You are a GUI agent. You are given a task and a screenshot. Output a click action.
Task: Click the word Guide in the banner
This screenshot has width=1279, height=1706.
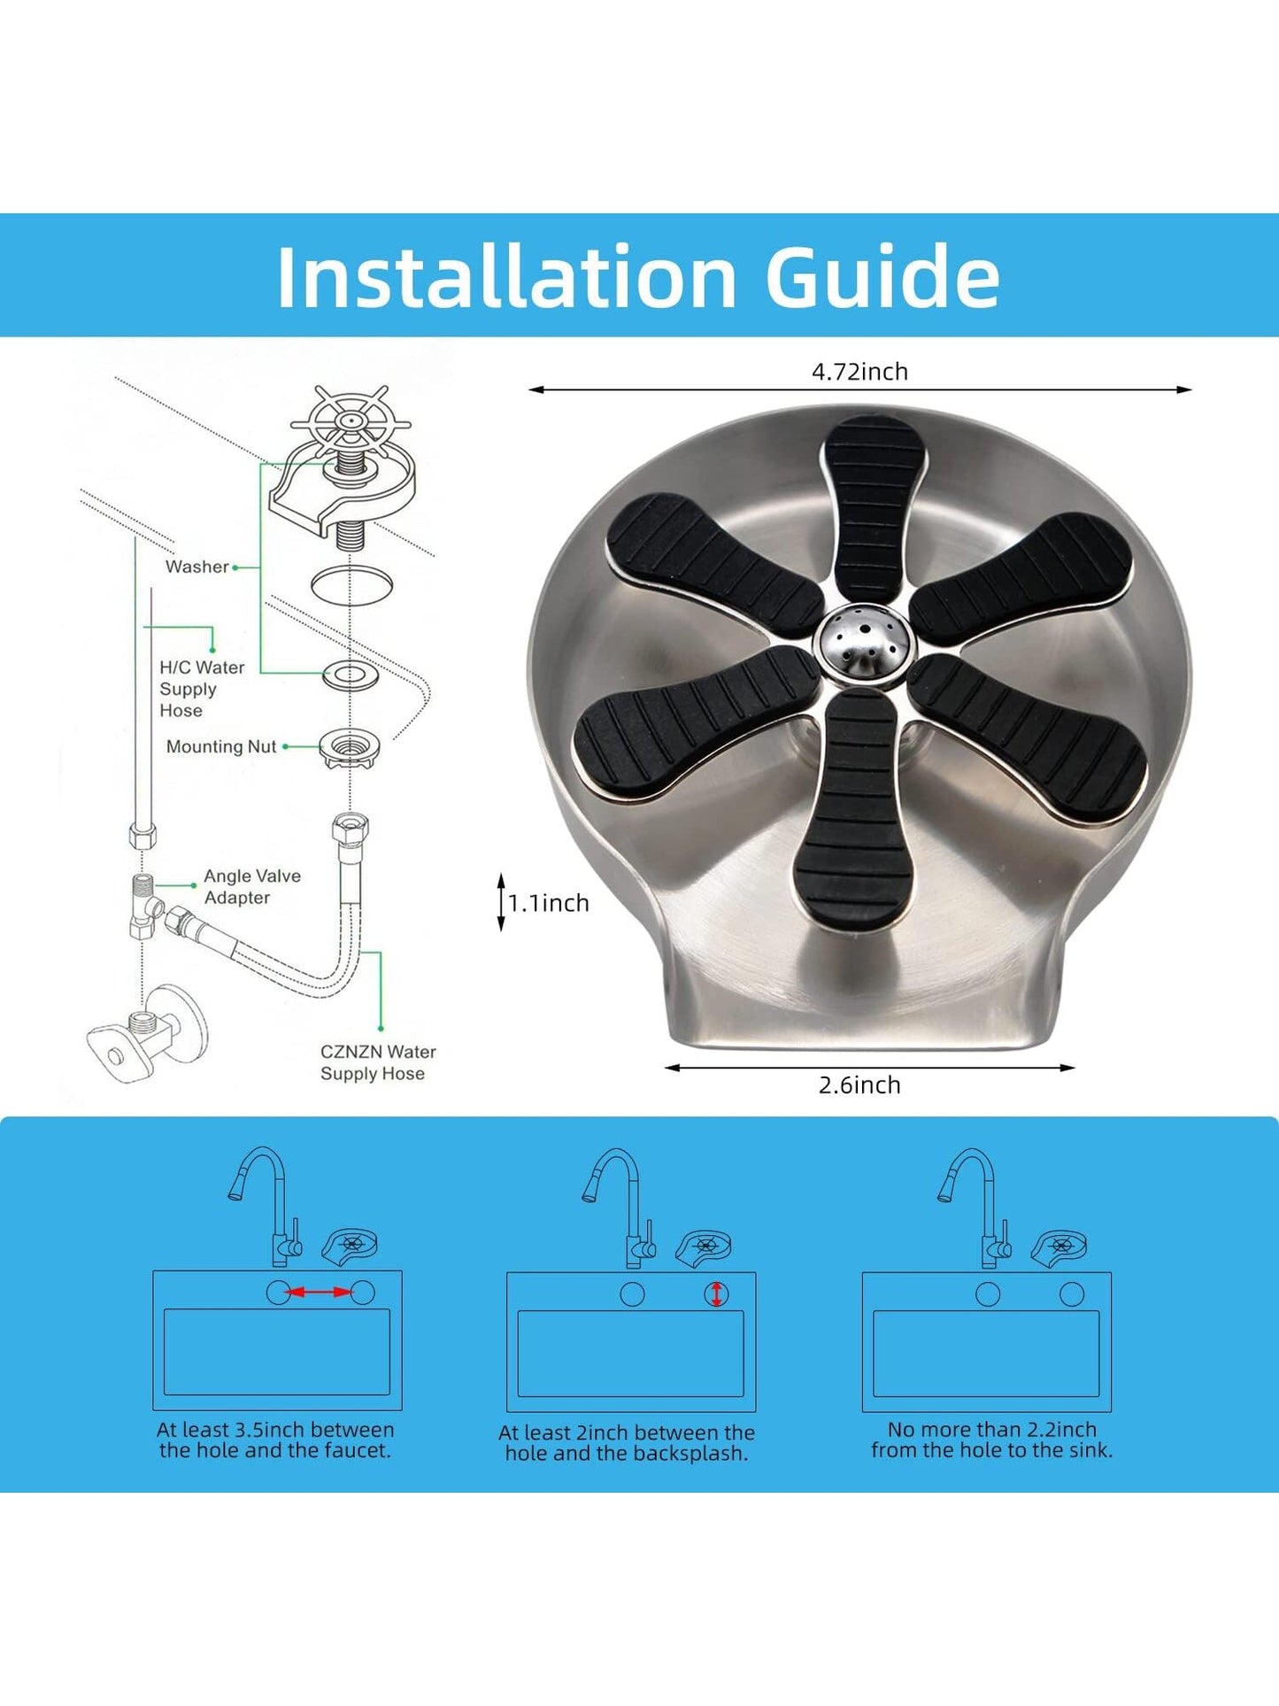click(x=882, y=276)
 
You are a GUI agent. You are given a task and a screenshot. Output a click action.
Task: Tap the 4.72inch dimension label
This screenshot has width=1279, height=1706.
click(x=859, y=371)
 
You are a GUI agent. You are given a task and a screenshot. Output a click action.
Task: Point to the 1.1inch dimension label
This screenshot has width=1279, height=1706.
click(x=549, y=903)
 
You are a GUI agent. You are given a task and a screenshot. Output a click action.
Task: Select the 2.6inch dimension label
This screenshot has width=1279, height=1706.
click(x=859, y=1085)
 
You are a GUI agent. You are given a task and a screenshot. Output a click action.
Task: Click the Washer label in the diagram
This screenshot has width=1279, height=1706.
click(x=197, y=567)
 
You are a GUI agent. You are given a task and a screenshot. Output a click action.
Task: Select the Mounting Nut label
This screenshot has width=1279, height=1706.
click(x=221, y=746)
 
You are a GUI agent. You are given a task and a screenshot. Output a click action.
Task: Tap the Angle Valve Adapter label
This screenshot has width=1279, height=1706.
click(x=252, y=886)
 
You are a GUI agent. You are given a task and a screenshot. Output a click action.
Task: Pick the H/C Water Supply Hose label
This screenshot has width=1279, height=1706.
click(x=202, y=689)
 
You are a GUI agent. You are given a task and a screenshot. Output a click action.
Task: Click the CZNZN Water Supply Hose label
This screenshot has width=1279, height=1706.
click(x=378, y=1062)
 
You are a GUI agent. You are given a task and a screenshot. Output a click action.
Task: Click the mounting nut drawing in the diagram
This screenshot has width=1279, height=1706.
click(x=350, y=748)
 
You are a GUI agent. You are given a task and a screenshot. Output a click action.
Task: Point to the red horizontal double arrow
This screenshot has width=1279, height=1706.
click(x=320, y=1293)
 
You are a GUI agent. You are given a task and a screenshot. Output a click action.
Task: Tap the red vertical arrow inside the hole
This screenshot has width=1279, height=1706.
click(x=717, y=1294)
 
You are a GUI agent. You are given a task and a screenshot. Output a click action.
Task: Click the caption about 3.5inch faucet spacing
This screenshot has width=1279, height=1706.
click(x=275, y=1440)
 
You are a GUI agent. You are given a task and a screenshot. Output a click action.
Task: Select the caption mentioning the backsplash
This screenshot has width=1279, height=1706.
click(x=627, y=1442)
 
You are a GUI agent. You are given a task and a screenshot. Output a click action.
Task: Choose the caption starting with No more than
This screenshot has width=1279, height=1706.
click(x=992, y=1440)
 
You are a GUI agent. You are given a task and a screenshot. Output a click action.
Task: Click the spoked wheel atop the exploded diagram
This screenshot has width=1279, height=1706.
click(x=351, y=421)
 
